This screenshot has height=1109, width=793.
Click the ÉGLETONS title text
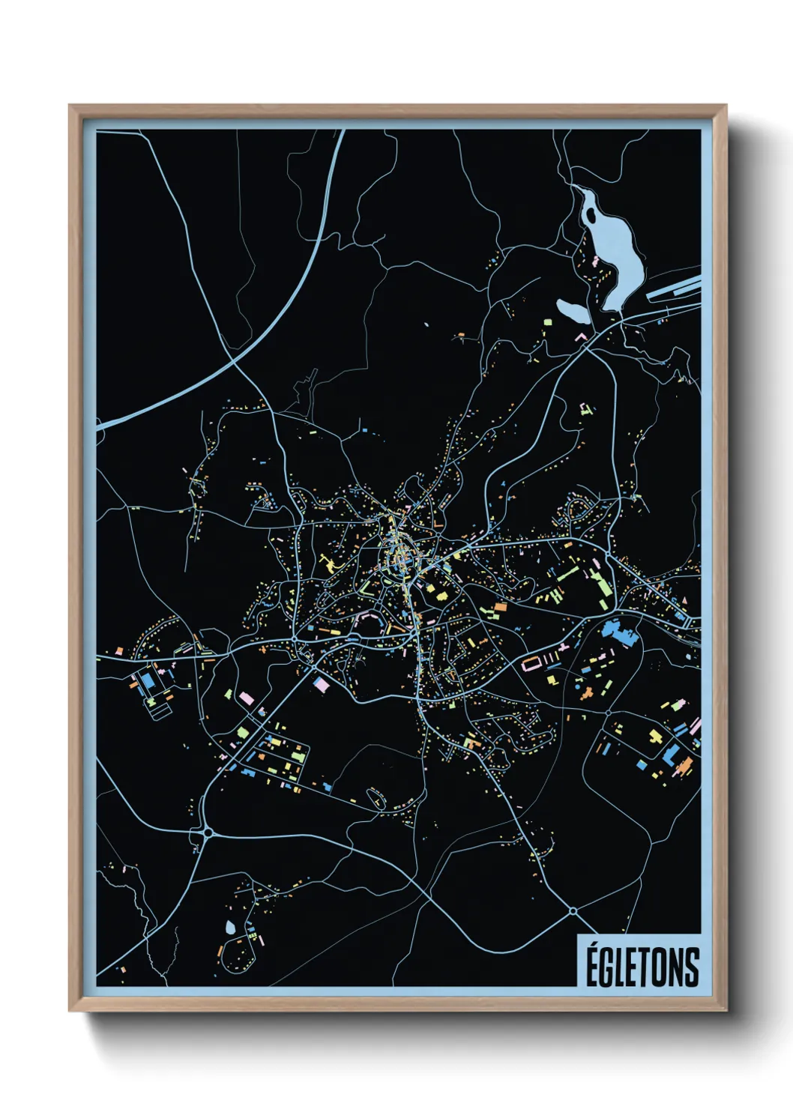click(x=642, y=966)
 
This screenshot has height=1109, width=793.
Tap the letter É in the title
click(x=592, y=966)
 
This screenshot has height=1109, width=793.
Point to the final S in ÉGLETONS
click(x=691, y=967)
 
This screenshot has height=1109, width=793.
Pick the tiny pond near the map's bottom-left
click(x=230, y=927)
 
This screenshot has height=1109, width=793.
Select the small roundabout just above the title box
click(x=573, y=910)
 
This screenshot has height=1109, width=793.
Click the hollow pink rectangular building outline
click(x=531, y=663)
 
